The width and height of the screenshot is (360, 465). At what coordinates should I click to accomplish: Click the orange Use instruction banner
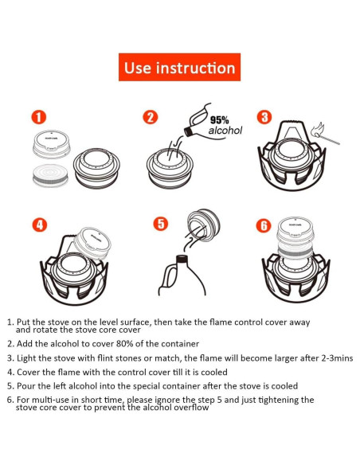(179, 67)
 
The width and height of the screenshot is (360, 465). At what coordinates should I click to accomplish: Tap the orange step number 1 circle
(39, 117)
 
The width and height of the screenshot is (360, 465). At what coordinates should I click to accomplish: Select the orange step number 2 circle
(151, 117)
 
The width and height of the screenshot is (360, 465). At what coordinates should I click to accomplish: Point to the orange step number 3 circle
(264, 117)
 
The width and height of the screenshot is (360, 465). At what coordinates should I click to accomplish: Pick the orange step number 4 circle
(40, 225)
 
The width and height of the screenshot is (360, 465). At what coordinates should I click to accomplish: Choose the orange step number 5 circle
(160, 223)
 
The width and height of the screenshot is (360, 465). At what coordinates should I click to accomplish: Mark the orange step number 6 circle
(264, 225)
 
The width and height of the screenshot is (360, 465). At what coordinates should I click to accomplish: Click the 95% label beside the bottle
(220, 120)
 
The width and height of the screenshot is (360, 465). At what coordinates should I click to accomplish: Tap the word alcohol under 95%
(225, 131)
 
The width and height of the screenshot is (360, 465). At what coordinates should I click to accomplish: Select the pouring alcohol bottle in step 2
(198, 122)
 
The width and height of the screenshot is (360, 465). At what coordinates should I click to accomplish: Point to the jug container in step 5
(182, 275)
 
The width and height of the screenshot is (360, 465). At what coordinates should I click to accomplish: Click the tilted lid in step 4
(92, 243)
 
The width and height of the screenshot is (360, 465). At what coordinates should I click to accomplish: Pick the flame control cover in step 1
(52, 144)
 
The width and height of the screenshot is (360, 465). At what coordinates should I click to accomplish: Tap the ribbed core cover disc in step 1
(50, 175)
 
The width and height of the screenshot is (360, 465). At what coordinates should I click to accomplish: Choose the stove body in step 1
(96, 167)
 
